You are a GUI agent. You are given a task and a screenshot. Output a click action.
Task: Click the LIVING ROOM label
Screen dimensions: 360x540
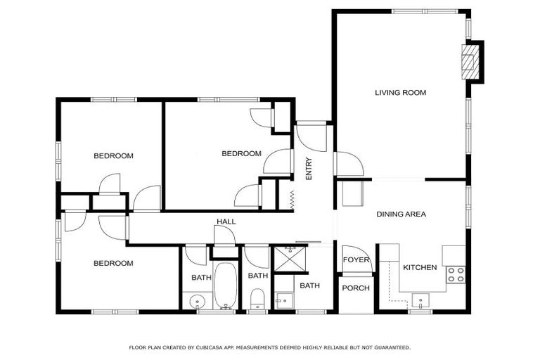click(x=400, y=93)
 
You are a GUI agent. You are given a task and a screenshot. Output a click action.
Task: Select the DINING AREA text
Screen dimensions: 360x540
click(x=401, y=214)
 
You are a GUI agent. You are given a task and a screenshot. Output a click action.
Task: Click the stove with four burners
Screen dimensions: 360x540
click(x=456, y=274)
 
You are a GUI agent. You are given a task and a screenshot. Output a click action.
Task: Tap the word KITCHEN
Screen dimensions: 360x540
click(x=420, y=268)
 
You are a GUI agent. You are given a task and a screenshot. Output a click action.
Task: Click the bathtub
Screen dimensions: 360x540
click(x=226, y=285)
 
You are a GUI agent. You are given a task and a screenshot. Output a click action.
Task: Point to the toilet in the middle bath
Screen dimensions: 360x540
click(x=257, y=298)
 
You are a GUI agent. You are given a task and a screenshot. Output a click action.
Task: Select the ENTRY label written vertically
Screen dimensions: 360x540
click(x=309, y=169)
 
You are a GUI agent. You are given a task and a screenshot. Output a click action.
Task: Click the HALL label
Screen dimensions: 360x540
click(x=226, y=222)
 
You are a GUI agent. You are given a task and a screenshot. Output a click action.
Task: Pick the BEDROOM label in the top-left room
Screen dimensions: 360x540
click(x=114, y=156)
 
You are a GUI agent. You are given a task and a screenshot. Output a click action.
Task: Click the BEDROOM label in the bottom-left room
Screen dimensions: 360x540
click(x=114, y=264)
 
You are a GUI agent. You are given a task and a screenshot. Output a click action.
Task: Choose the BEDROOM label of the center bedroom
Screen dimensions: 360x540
click(x=241, y=154)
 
